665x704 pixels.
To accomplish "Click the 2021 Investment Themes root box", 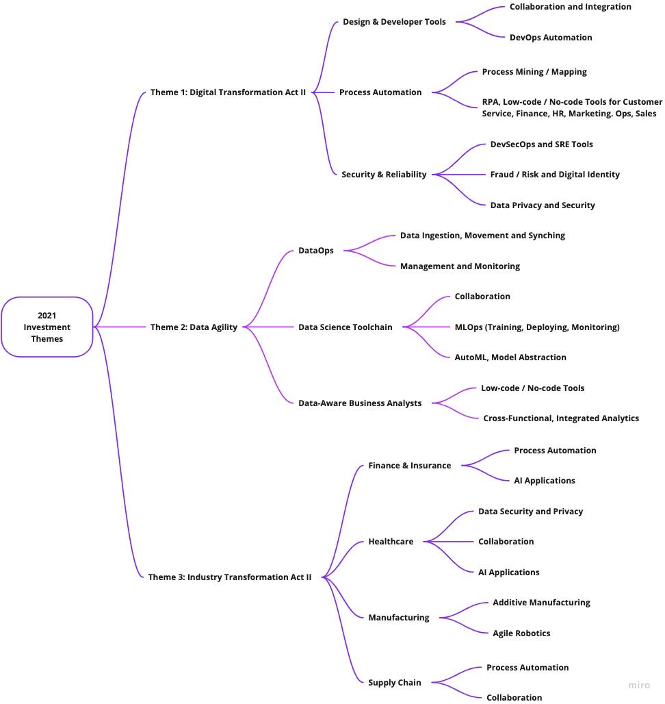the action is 47,327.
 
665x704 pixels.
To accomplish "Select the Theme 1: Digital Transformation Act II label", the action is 228,92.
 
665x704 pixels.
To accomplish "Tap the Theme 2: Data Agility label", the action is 194,327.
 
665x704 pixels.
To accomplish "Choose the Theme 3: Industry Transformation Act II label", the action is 230,577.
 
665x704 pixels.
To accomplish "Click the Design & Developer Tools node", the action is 394,22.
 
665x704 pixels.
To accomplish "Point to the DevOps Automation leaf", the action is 551,38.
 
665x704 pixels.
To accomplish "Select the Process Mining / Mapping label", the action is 534,72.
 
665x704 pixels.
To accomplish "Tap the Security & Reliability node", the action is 384,175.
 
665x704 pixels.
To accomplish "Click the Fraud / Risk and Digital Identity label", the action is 555,175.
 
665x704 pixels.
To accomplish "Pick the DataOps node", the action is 315,251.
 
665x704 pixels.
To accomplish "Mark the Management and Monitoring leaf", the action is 460,266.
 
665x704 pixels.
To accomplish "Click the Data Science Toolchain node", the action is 345,327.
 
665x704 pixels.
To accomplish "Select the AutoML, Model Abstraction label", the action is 510,357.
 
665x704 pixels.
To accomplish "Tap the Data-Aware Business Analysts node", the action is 360,403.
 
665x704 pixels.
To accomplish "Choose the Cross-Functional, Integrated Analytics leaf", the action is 561,418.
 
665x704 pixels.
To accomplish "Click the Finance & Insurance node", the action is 409,466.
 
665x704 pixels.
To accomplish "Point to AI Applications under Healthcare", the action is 508,573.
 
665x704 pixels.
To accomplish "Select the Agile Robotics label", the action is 521,633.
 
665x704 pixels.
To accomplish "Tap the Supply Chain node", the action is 395,683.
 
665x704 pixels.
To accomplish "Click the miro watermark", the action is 639,685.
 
